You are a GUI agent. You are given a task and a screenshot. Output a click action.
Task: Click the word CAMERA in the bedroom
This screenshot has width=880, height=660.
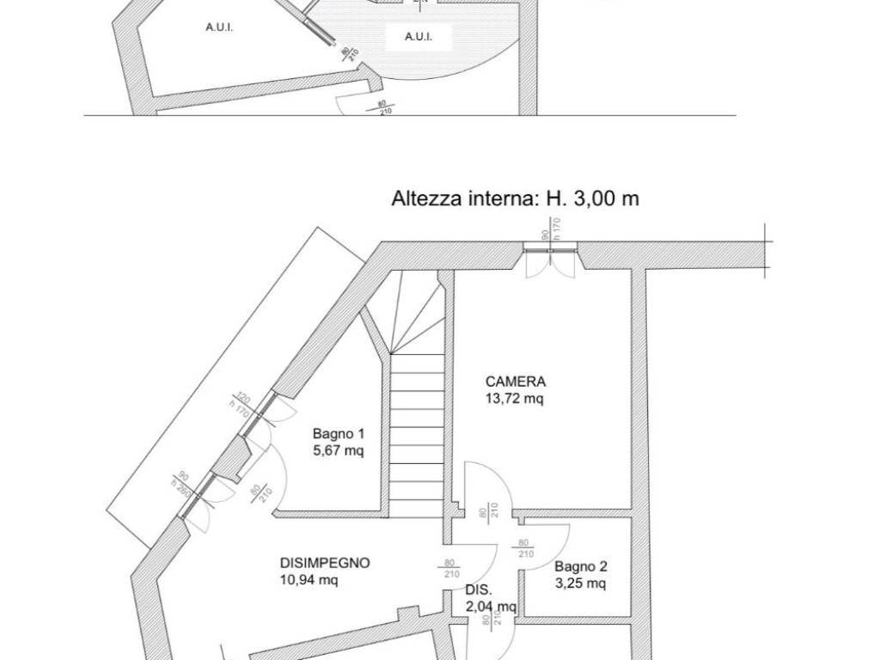click(515, 382)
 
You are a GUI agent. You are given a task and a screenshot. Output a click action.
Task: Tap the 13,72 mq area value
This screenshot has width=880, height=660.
click(515, 398)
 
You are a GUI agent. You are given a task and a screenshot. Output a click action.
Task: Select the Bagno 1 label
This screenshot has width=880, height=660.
click(338, 434)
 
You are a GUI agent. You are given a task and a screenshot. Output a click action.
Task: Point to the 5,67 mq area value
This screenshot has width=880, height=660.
click(338, 450)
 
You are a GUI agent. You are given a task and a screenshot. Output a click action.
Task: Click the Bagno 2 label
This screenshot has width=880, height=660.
click(580, 566)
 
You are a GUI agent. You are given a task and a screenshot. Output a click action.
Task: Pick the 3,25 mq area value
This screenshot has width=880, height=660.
click(580, 584)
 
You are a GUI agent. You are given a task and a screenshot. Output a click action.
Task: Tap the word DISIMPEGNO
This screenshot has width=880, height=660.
click(325, 563)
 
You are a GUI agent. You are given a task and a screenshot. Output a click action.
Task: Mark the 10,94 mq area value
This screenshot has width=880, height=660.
click(309, 580)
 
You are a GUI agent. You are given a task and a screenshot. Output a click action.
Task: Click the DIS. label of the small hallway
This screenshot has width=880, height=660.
click(478, 590)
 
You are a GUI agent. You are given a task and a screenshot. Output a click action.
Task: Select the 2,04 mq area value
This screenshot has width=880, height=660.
click(491, 607)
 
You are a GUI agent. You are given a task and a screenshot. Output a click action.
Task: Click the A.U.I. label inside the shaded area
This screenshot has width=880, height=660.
click(418, 37)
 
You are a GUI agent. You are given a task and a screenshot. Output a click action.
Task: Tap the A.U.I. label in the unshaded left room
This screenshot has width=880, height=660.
click(220, 27)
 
